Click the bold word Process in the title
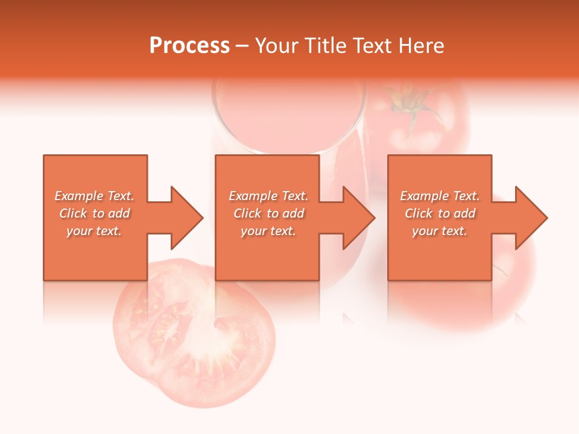(189, 46)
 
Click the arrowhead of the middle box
(358, 218)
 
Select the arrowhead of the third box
(531, 218)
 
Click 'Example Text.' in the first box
(94, 196)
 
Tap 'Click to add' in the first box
(94, 213)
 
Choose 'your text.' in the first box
(94, 231)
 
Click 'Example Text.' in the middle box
(268, 196)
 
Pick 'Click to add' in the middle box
(268, 213)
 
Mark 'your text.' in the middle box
(268, 231)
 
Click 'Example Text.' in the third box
(440, 196)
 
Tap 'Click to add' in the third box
(440, 213)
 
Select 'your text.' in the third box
(440, 231)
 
